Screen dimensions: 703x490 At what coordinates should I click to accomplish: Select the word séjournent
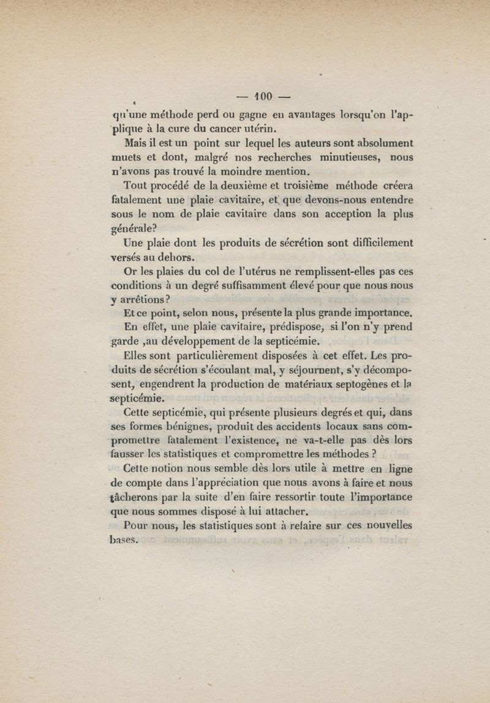[x=294, y=371]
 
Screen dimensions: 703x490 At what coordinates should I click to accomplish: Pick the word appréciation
[x=219, y=484]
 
